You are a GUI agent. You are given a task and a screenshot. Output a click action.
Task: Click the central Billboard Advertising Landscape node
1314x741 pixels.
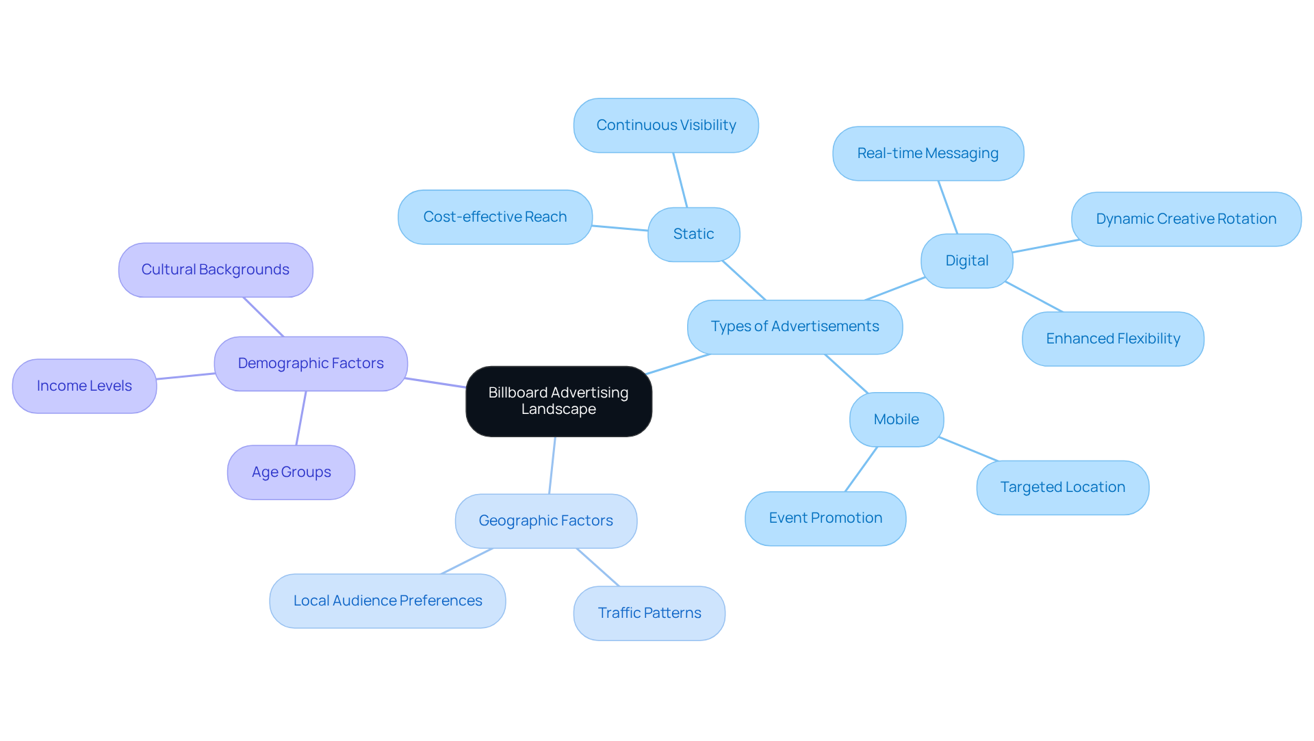point(558,401)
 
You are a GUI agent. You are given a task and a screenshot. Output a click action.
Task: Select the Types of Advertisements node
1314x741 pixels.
point(795,327)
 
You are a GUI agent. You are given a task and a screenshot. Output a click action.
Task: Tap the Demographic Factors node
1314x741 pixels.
point(311,363)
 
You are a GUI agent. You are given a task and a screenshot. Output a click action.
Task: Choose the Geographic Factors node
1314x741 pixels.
point(546,521)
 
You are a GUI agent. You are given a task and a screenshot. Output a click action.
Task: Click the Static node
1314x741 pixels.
point(694,234)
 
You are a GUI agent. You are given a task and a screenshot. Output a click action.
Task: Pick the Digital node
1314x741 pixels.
point(967,261)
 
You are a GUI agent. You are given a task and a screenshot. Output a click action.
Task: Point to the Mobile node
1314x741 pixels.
point(897,419)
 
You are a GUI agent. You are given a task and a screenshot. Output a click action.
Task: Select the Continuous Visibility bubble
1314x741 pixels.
point(666,125)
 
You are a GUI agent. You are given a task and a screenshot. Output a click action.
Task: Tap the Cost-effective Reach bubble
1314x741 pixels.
point(495,217)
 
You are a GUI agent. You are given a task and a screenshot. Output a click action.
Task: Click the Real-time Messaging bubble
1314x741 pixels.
point(928,153)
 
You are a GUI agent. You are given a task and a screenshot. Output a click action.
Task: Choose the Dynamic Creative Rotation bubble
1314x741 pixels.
point(1186,219)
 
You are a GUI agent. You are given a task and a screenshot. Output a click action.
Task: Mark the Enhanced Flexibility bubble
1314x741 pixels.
point(1113,339)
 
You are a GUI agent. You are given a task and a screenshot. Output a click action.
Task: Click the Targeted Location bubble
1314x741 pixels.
point(1063,487)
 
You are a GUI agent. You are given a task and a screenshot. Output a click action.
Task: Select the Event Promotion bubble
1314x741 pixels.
point(825,518)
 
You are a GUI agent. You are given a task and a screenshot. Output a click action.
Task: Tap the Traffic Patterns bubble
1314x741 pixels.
point(649,613)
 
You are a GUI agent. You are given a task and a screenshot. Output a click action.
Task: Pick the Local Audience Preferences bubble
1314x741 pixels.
point(387,601)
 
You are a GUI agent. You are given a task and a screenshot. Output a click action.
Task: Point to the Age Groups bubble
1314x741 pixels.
point(291,472)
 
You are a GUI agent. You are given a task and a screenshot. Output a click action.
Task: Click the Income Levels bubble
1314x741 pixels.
point(84,386)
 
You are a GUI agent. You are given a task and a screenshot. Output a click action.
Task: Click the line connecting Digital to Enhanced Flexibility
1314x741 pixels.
point(1034,297)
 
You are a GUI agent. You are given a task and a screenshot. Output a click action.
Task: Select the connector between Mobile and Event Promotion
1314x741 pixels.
point(861,469)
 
